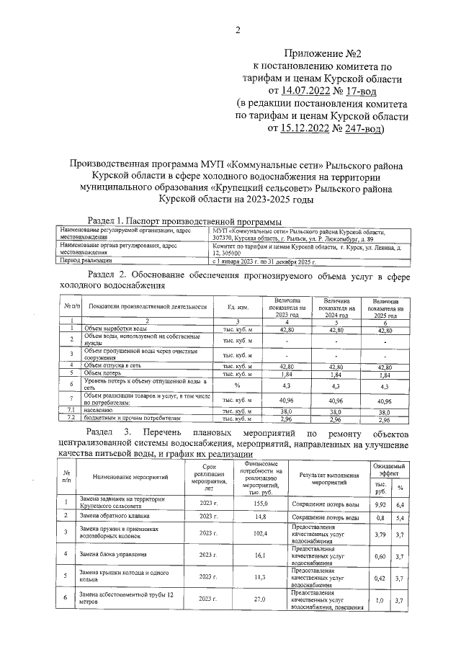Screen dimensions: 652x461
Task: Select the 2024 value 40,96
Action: [x=336, y=400]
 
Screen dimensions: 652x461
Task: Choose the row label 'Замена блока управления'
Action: [x=113, y=555]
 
